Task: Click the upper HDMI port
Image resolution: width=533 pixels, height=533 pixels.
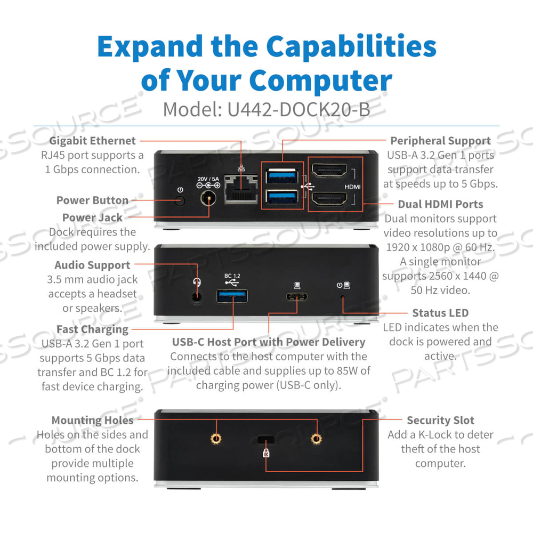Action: pos(329,172)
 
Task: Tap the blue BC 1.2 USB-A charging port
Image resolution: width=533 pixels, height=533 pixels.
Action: pos(232,295)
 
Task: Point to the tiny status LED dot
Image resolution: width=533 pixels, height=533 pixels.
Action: pos(343,297)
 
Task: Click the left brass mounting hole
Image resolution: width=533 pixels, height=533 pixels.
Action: pos(216,438)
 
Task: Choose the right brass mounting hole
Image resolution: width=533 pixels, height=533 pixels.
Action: pos(317,438)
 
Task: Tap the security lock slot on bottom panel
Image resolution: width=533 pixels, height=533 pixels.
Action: pos(265,440)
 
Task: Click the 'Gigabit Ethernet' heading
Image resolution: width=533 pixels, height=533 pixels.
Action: pos(93,141)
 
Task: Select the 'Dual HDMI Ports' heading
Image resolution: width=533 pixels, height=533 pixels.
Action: pos(440,204)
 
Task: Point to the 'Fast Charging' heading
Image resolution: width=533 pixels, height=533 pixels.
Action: pos(92,329)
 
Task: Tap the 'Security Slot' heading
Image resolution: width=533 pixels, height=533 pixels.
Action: pos(440,421)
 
